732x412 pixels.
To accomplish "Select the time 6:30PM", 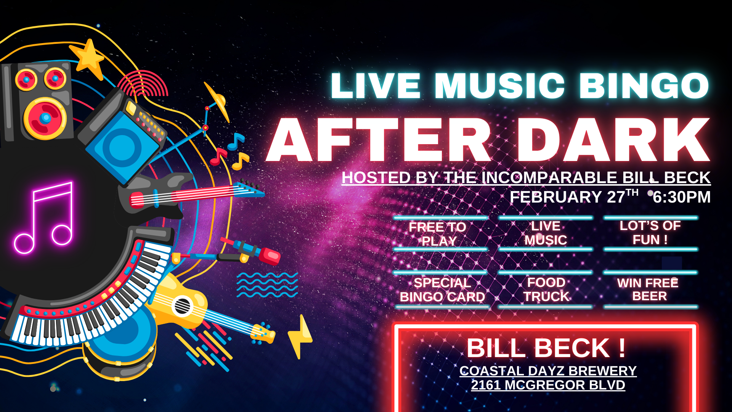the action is pos(682,197).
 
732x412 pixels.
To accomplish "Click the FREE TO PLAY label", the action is pos(438,234).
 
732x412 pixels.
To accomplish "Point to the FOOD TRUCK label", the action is pos(546,290).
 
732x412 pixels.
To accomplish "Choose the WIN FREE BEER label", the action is pos(648,290).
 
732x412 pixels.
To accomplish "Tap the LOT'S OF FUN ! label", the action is pos(650,233).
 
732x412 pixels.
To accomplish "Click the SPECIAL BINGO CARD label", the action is pos(442,290).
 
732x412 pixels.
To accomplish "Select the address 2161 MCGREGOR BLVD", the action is pos(548,385).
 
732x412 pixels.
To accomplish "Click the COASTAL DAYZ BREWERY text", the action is pos(548,370).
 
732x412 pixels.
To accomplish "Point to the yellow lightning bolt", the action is pos(300,337).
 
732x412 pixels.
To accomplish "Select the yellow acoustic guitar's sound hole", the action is pos(182,306).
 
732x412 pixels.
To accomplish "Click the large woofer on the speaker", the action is pos(45,118).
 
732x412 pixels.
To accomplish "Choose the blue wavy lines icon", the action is pos(267,285).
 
